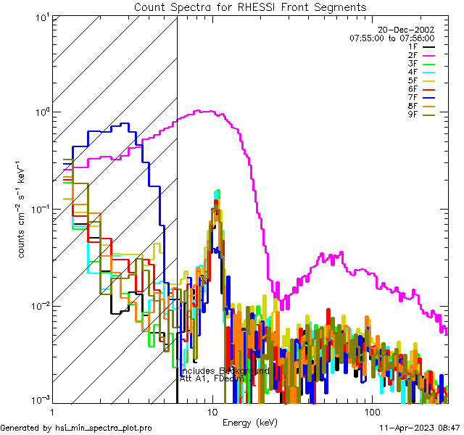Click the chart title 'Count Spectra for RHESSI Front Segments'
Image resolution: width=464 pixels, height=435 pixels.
pyautogui.click(x=250, y=7)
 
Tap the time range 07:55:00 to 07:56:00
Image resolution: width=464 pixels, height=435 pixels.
pyautogui.click(x=391, y=38)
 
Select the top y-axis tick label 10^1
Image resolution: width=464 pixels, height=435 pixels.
pyautogui.click(x=41, y=17)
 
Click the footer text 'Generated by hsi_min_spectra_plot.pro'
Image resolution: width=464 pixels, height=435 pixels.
pyautogui.click(x=77, y=428)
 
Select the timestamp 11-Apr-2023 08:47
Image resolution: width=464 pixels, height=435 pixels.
pyautogui.click(x=420, y=428)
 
